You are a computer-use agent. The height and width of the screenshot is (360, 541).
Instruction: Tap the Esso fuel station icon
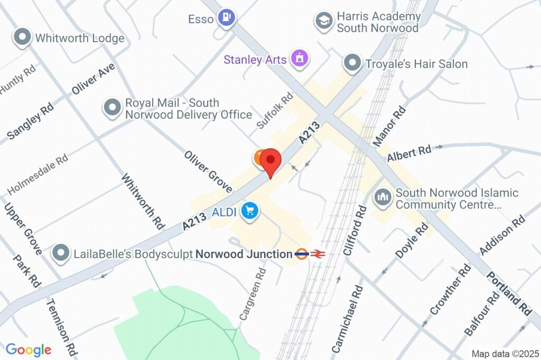(x=227, y=17)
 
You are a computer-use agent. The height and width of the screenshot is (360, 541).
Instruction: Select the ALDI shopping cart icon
(x=249, y=211)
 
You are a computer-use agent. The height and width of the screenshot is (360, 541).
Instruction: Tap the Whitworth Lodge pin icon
(x=22, y=37)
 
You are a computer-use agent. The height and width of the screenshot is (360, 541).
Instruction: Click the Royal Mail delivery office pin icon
(x=111, y=108)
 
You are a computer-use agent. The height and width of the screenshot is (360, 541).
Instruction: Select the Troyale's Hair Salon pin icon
(x=352, y=63)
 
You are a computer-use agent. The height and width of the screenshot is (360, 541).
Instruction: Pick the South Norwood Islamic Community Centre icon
(x=381, y=198)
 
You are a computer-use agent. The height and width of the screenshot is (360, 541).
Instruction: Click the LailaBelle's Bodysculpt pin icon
(x=61, y=253)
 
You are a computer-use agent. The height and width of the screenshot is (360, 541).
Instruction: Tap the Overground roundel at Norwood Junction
(x=302, y=254)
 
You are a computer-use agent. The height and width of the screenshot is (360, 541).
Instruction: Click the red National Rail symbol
(x=317, y=254)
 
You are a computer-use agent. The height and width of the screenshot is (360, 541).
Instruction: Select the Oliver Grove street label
(x=208, y=172)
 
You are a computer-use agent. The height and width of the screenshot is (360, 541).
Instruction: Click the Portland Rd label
(x=509, y=294)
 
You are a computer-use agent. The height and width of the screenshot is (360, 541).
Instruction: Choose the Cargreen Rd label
(x=252, y=294)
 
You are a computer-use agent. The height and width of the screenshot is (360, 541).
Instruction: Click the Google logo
(x=28, y=349)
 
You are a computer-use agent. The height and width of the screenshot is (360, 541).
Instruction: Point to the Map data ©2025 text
(x=505, y=354)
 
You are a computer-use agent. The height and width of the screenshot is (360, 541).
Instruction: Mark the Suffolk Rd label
(x=275, y=111)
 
